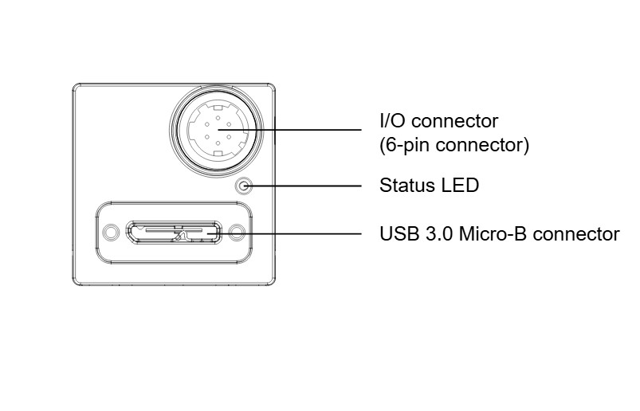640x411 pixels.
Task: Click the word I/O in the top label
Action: coord(392,121)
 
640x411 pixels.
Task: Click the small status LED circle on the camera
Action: coord(244,187)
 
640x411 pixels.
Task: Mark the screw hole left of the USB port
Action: coord(112,233)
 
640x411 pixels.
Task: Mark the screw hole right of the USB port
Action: coord(236,233)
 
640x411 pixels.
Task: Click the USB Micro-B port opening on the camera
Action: coord(174,233)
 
